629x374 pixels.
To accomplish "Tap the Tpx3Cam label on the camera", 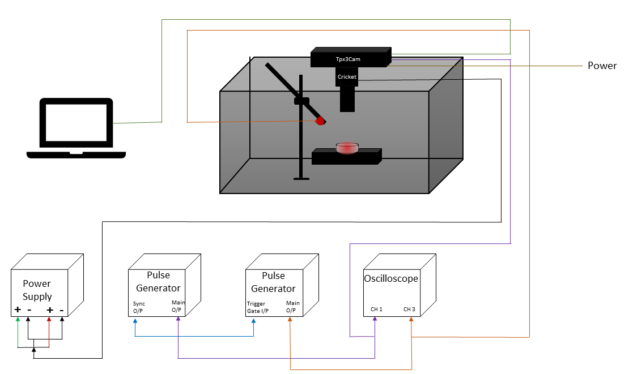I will click(348, 59).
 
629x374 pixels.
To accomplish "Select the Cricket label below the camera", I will click(347, 76).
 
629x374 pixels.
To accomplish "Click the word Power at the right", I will click(602, 66).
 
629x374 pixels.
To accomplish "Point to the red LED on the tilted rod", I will click(320, 121).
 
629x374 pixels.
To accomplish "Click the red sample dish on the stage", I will click(347, 148).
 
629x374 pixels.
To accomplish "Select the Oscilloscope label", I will click(390, 278).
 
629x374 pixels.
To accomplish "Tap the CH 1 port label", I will click(377, 309).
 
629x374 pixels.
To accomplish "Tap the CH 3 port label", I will click(409, 309).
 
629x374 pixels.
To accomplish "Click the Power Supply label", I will click(37, 290).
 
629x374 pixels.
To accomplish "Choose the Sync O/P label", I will click(139, 307).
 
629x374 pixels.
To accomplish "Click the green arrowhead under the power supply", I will click(18, 320).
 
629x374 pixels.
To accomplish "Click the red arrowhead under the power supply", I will click(49, 320).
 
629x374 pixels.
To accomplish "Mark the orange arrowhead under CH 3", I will click(411, 320).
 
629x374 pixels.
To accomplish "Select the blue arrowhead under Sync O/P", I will click(135, 321).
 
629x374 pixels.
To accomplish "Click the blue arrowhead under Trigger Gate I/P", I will click(253, 321).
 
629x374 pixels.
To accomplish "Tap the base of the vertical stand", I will click(301, 179).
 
